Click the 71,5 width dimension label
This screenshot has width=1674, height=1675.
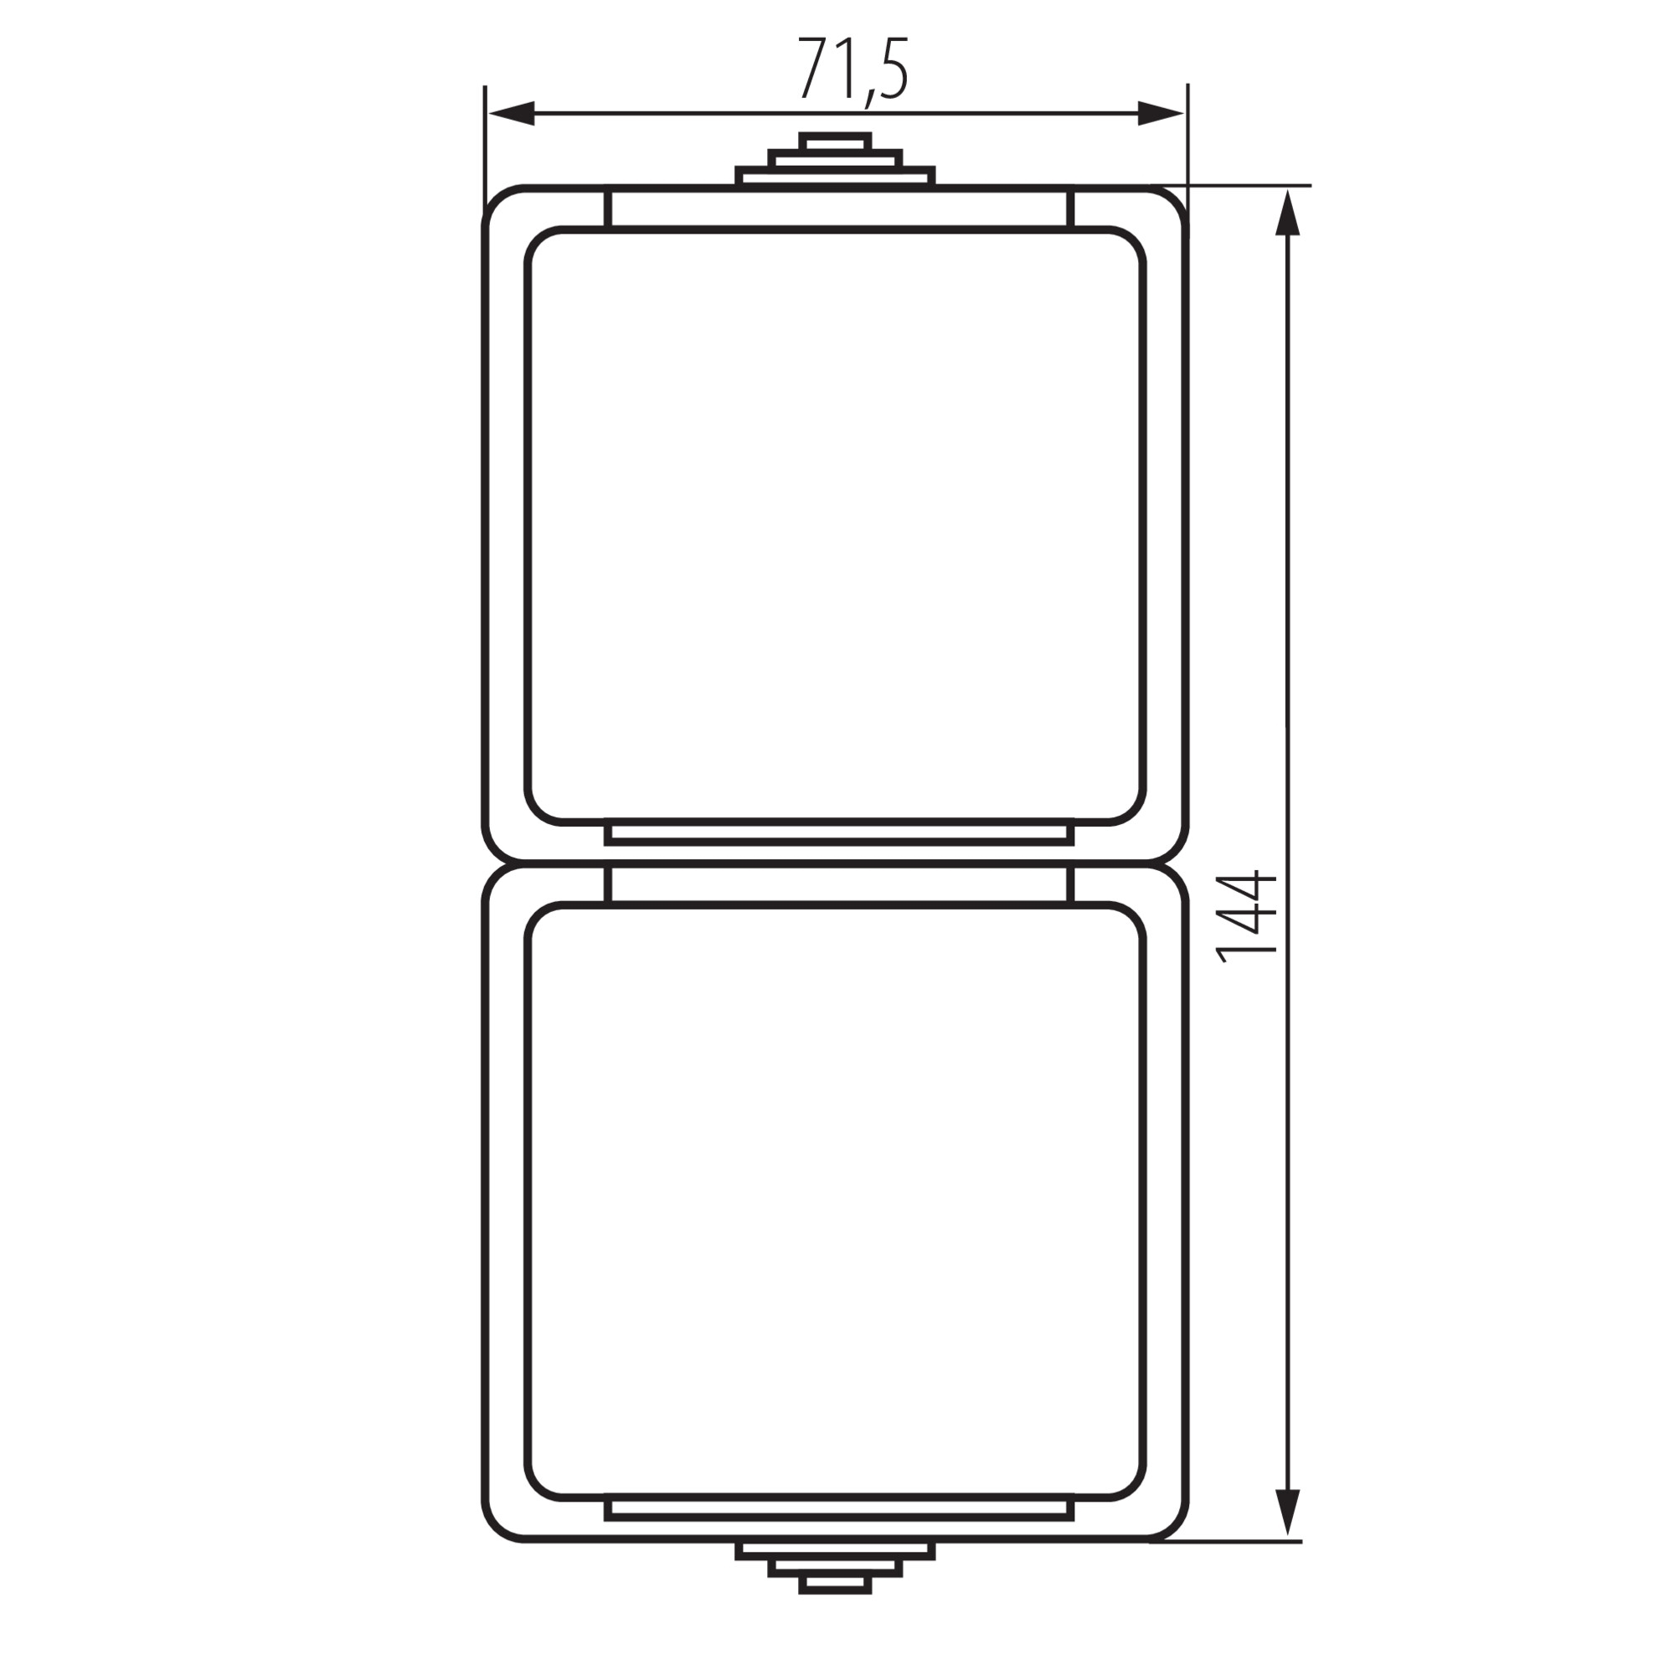tap(853, 70)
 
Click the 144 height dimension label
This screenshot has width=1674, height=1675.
tap(1248, 918)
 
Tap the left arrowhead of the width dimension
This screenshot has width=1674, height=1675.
tap(513, 114)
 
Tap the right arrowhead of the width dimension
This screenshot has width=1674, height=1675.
tap(1160, 114)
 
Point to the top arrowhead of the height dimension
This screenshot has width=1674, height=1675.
tap(1288, 214)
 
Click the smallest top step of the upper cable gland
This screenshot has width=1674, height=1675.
tap(835, 142)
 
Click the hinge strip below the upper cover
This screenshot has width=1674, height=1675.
tap(839, 833)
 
